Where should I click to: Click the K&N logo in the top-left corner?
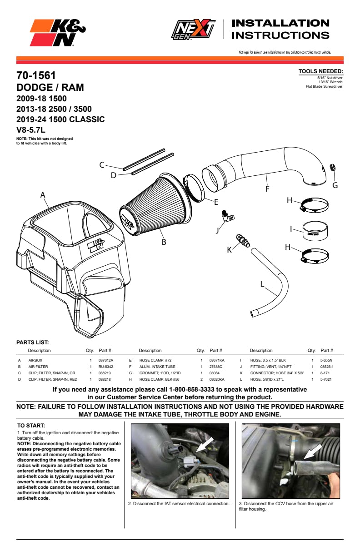point(58,33)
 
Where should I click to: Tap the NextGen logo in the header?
point(193,30)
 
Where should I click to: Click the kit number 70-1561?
point(36,75)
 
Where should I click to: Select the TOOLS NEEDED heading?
point(320,71)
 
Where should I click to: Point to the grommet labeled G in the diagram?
point(332,167)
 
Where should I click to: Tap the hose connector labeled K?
point(243,240)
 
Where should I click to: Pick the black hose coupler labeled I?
point(315,231)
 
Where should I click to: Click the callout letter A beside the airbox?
point(43,195)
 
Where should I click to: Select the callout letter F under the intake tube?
point(267,189)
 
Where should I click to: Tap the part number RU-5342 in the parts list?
point(105,367)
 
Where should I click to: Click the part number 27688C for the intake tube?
point(215,367)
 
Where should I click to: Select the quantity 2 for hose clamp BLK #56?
point(201,379)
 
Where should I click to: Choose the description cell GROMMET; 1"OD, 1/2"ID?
point(160,373)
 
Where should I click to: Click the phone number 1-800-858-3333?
point(191,389)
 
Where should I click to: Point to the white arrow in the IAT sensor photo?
point(205,445)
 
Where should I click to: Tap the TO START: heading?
point(31,426)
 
